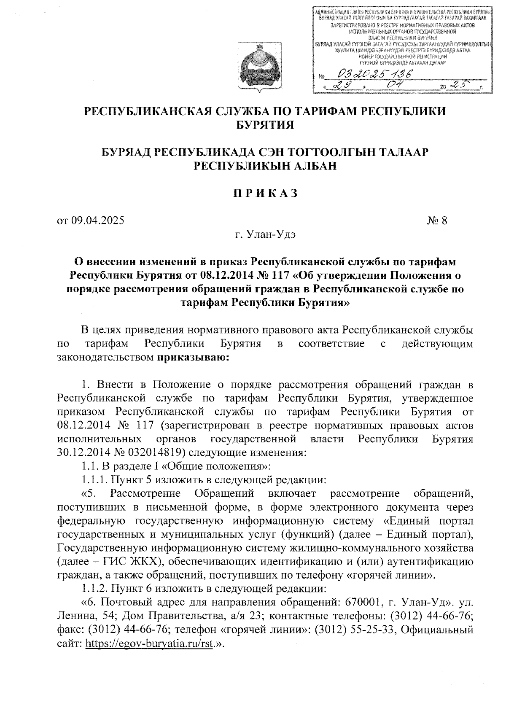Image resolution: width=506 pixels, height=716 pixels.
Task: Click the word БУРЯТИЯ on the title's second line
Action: [x=265, y=125]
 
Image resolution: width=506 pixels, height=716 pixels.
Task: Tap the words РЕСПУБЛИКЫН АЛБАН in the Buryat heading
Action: [x=265, y=166]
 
